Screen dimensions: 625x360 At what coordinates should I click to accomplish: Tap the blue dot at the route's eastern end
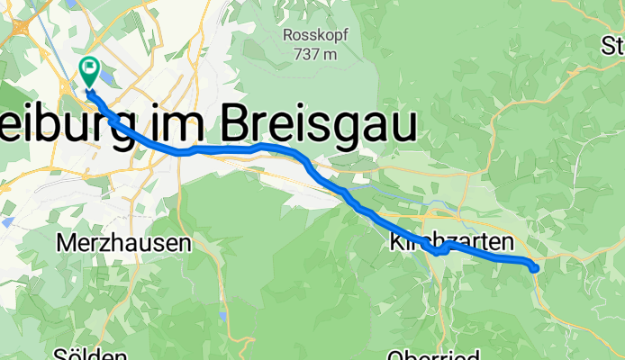(x=534, y=267)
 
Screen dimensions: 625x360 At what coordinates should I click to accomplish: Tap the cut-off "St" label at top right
(x=613, y=45)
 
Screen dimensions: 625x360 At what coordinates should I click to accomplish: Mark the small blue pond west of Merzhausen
(x=8, y=220)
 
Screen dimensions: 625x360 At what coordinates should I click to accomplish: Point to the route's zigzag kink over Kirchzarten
(x=440, y=250)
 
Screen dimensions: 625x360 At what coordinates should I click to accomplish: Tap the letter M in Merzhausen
(x=65, y=243)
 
